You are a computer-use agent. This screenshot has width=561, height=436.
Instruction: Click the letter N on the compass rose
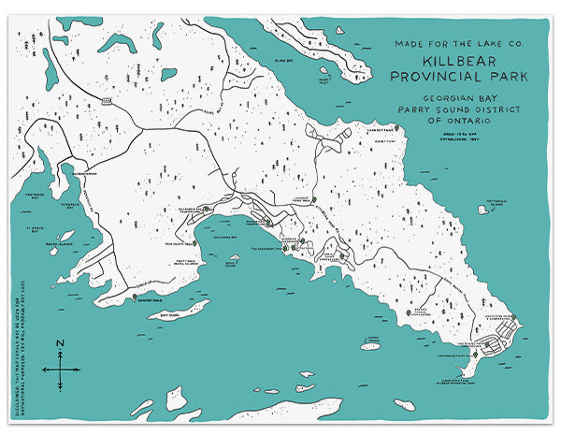(x=60, y=344)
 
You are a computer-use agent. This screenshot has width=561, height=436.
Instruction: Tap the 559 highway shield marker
(x=107, y=98)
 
